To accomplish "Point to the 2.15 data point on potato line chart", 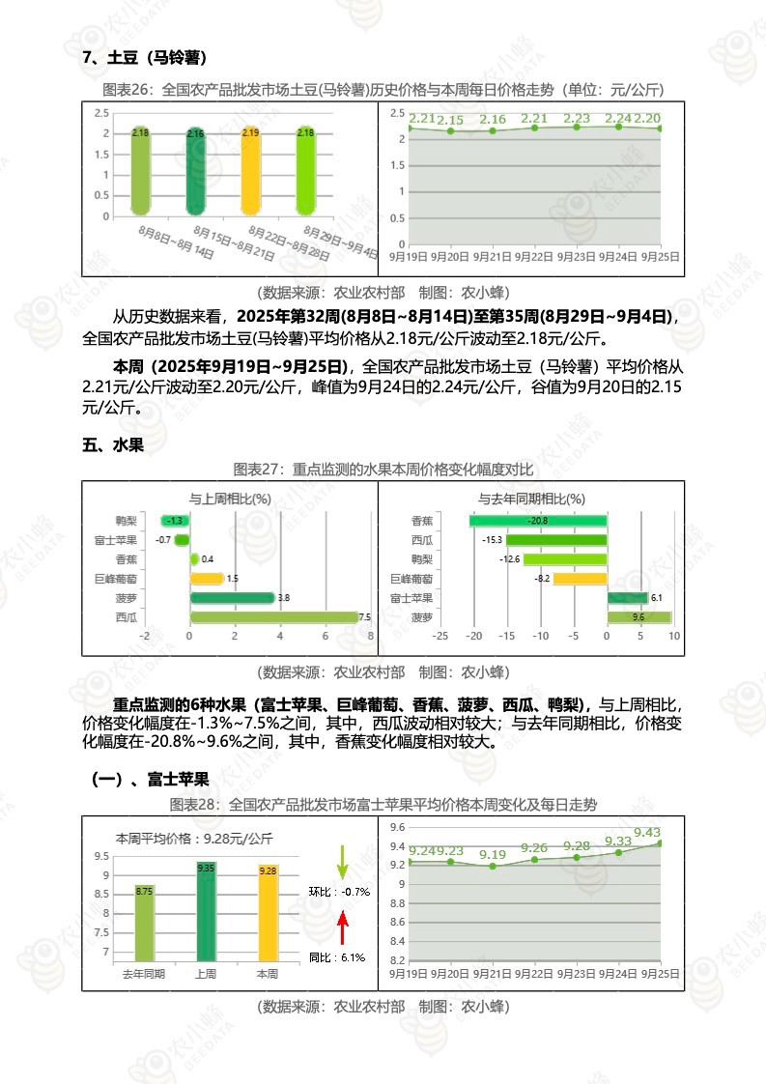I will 450,130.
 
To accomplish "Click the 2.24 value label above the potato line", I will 618,119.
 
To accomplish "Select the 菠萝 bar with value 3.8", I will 232,597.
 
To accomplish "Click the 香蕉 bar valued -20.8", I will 538,521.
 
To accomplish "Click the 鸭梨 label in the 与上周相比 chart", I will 126,521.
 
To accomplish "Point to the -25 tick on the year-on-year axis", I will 440,636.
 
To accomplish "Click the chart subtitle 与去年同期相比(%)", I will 531,499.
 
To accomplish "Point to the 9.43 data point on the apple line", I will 660,843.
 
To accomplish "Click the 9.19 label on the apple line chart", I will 493,854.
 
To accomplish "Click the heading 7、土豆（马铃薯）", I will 145,58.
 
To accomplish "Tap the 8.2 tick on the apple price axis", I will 396,960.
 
